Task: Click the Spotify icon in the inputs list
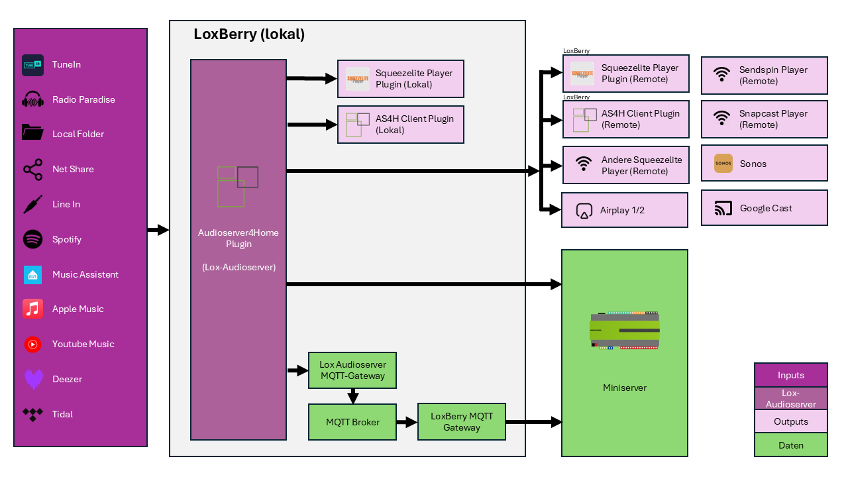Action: pyautogui.click(x=33, y=239)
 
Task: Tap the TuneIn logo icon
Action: pyautogui.click(x=33, y=65)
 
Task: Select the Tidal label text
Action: pyautogui.click(x=63, y=414)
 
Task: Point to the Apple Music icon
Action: pyautogui.click(x=33, y=309)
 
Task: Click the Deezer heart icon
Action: pyautogui.click(x=33, y=379)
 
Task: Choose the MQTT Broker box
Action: pyautogui.click(x=352, y=422)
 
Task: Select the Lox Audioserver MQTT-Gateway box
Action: pyautogui.click(x=352, y=370)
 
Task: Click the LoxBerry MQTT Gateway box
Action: pyautogui.click(x=461, y=422)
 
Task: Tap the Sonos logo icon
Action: pyautogui.click(x=723, y=164)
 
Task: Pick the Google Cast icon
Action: pyautogui.click(x=723, y=209)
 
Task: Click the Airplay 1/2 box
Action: pyautogui.click(x=624, y=210)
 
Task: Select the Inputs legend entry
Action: pyautogui.click(x=790, y=375)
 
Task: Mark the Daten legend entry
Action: pyautogui.click(x=790, y=445)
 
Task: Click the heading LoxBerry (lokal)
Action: pyautogui.click(x=249, y=34)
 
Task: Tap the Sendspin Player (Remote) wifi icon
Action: pyautogui.click(x=722, y=75)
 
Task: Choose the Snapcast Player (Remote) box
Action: pyautogui.click(x=764, y=119)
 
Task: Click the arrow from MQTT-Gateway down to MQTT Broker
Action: pyautogui.click(x=353, y=396)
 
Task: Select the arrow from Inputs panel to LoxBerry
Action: pyautogui.click(x=158, y=230)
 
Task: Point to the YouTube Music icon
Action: pyautogui.click(x=33, y=344)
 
